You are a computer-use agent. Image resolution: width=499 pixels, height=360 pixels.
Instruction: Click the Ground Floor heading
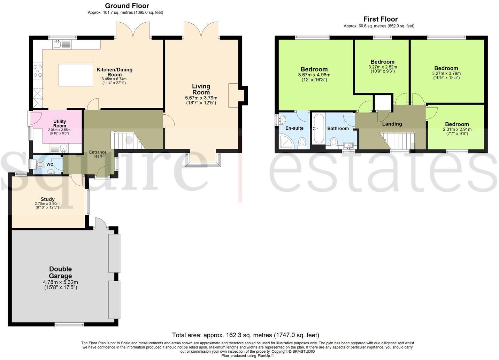click(127, 6)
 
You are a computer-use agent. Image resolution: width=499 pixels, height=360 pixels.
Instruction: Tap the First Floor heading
click(381, 19)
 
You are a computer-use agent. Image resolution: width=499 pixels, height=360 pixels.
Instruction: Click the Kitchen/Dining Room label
click(114, 72)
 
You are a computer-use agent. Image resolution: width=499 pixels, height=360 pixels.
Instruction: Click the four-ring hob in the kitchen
click(38, 71)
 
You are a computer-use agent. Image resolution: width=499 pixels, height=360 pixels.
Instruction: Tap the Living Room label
click(201, 89)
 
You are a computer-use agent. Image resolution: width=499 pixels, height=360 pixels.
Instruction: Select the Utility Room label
click(60, 124)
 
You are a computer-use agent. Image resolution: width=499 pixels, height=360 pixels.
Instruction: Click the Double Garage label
click(60, 273)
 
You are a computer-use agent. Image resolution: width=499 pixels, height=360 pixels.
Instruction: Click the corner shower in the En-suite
click(287, 142)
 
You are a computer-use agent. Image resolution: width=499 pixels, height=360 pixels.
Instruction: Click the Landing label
click(392, 124)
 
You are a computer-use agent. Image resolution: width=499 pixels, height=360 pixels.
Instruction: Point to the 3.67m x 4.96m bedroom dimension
click(314, 75)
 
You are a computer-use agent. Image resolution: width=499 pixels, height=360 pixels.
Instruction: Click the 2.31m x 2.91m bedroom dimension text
click(457, 129)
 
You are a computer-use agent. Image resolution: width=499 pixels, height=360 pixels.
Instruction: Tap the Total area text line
click(246, 335)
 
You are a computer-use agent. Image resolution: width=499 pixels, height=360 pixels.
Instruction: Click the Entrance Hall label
click(98, 154)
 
